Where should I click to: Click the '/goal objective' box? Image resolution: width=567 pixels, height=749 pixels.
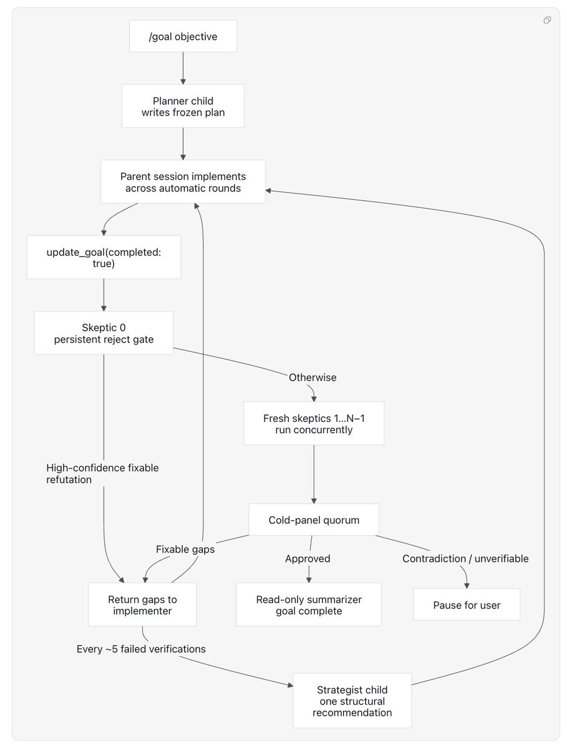point(183,36)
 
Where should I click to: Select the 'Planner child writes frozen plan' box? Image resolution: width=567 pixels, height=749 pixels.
point(183,106)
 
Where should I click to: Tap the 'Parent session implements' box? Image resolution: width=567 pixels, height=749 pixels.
point(183,182)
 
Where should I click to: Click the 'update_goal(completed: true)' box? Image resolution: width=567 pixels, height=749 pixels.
point(104,257)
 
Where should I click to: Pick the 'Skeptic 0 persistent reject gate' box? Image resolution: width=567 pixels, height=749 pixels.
point(104,333)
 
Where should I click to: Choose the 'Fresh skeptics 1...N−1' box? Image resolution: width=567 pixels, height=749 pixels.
point(314,423)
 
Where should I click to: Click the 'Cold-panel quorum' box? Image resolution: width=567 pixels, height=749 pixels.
point(314,520)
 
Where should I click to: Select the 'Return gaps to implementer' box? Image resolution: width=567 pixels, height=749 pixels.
point(142,604)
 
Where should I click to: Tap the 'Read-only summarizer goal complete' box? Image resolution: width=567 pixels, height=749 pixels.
point(309,604)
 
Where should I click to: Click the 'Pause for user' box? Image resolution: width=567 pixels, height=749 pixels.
point(467,605)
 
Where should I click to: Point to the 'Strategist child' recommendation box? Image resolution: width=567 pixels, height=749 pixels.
point(352,700)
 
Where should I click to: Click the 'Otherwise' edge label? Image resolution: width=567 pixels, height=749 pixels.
point(313,377)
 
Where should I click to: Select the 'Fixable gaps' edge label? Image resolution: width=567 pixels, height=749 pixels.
point(185,549)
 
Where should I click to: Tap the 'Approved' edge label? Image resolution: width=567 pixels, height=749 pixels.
point(308,559)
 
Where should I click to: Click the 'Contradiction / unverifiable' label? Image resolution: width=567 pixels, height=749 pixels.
point(465,559)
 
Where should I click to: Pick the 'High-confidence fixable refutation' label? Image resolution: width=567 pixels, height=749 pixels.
point(102,473)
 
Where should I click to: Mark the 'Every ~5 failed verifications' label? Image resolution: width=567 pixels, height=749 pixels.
point(141,649)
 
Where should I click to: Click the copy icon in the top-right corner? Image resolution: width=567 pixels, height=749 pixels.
point(547,20)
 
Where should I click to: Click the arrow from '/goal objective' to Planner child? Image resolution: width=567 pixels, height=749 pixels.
point(183,68)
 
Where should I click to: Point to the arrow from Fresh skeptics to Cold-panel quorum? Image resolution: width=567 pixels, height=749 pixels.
point(314,474)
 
